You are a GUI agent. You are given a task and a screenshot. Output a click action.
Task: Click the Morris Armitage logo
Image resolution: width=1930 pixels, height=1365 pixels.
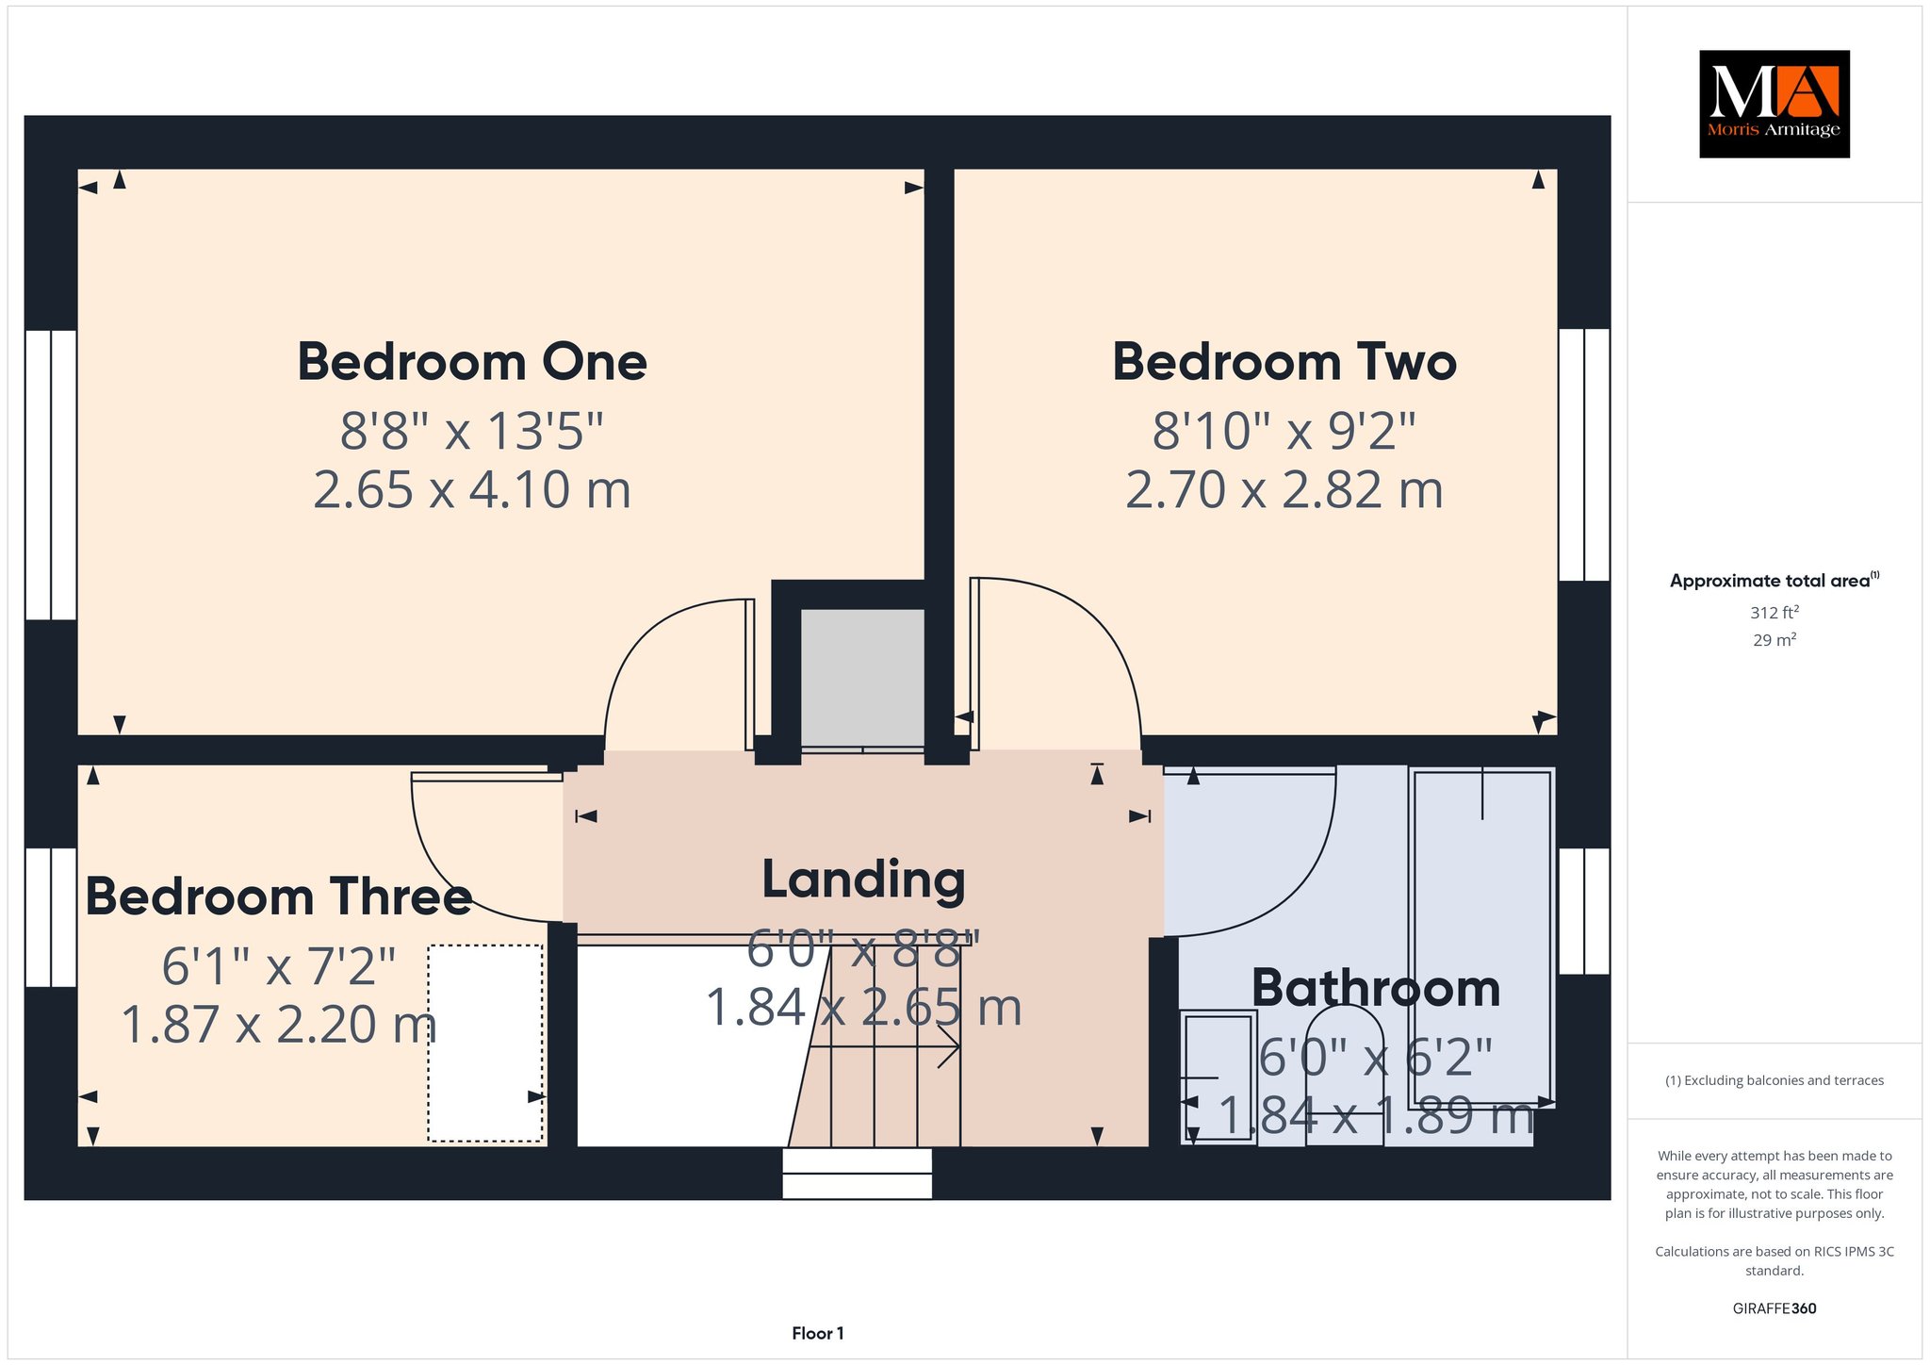(x=1774, y=104)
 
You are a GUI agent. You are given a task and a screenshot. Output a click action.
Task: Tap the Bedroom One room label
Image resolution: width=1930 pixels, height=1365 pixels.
(x=472, y=362)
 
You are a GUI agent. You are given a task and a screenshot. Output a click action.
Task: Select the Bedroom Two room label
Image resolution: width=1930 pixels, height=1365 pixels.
(x=1284, y=362)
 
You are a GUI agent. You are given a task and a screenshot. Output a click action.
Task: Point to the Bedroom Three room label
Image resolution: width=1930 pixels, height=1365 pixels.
(x=279, y=896)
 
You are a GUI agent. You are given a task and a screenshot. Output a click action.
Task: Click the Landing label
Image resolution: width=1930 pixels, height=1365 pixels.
(x=864, y=880)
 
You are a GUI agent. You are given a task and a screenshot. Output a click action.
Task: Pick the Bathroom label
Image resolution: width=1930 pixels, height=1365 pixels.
(x=1376, y=988)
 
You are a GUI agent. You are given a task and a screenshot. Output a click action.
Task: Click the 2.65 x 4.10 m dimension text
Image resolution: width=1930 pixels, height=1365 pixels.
(x=472, y=490)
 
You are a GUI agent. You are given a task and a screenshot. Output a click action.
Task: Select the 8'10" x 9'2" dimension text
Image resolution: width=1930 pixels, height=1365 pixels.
(x=1284, y=431)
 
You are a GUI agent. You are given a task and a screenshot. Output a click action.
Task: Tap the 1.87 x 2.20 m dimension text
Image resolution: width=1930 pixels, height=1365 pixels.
(x=279, y=1025)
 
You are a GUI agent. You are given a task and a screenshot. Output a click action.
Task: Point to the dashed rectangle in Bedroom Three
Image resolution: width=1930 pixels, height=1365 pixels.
(x=486, y=1044)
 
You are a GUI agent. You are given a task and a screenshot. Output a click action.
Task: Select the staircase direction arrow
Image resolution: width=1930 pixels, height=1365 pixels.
(x=884, y=1046)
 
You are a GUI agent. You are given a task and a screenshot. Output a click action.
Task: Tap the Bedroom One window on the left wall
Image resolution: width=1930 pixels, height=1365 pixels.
(x=51, y=474)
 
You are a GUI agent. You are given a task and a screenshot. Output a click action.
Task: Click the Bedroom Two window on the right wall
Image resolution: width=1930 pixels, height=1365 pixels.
(x=1584, y=454)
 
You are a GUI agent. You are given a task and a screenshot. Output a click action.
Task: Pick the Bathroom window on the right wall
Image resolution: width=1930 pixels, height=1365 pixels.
(x=1584, y=911)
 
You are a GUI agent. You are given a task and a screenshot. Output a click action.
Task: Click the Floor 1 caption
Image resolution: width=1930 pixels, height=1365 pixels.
(x=818, y=1333)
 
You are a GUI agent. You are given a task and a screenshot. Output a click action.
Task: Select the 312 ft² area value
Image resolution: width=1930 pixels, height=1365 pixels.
(x=1775, y=612)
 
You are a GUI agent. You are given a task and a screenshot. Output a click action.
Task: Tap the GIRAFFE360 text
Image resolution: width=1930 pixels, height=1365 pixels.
(x=1775, y=1308)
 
